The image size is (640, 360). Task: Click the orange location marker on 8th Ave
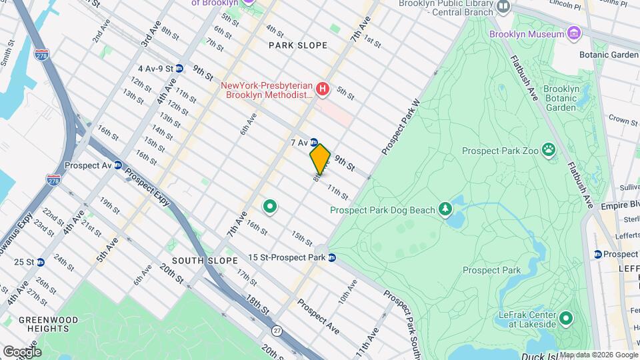coord(320,159)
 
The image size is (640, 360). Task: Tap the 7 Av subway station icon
coord(313,142)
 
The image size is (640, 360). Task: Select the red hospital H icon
coord(323,89)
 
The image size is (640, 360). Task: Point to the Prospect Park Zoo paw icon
coord(549,149)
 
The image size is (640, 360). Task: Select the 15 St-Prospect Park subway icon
coord(331,258)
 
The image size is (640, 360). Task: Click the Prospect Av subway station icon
coord(117,165)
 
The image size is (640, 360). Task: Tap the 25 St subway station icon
coord(41,262)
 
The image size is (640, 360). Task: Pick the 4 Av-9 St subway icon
coord(179,68)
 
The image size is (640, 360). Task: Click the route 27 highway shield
coord(277,330)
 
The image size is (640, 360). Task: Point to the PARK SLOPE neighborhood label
coord(298,45)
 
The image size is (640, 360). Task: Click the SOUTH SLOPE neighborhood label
coord(195,260)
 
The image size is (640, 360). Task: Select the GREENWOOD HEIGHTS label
coord(45,325)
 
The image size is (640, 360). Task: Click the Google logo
coord(22,351)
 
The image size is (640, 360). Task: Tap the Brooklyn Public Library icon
coord(503,7)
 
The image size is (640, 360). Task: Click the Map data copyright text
coord(598,354)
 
